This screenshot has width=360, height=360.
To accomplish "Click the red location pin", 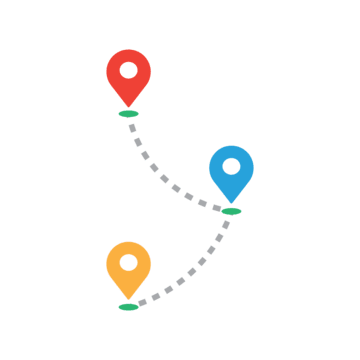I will [128, 76].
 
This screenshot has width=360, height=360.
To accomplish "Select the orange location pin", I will [128, 267].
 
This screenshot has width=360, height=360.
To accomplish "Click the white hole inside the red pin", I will [128, 72].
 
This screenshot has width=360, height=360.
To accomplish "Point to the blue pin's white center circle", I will [231, 164].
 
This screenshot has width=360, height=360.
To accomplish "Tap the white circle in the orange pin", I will [128, 263].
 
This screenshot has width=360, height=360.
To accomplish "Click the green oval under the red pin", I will [128, 114].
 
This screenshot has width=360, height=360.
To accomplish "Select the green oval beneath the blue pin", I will [231, 211].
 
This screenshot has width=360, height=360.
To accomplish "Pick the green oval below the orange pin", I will [128, 306].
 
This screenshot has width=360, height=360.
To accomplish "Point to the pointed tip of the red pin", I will [128, 105].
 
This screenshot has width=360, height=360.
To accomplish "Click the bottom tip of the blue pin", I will [231, 201].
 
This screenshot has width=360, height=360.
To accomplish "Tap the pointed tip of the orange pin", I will [128, 298].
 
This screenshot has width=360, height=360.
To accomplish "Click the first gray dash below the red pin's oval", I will [132, 126].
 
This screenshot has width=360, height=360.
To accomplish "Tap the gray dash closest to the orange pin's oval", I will [142, 303].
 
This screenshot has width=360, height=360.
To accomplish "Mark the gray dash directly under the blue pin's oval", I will [227, 223].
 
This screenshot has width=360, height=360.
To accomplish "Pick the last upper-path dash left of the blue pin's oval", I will [216, 208].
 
